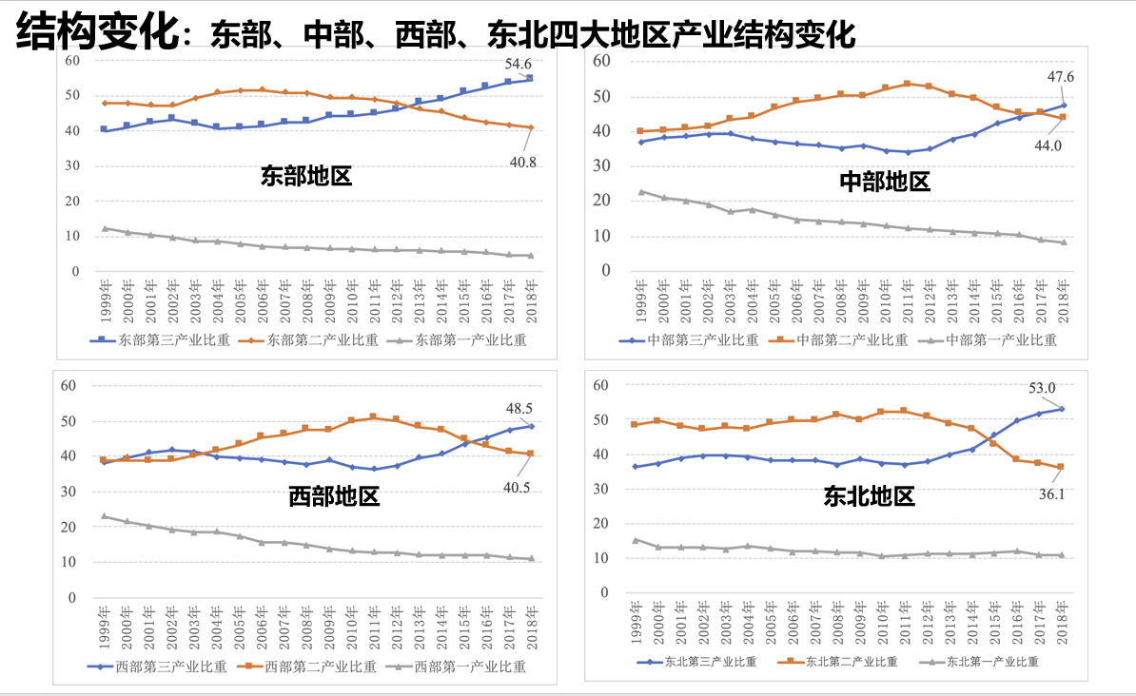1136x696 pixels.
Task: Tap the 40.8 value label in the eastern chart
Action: tap(522, 162)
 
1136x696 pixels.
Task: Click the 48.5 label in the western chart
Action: tap(519, 407)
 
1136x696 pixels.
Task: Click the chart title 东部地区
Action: tap(306, 177)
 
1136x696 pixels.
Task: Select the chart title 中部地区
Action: tap(885, 182)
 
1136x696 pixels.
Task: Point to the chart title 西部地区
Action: tap(334, 495)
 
